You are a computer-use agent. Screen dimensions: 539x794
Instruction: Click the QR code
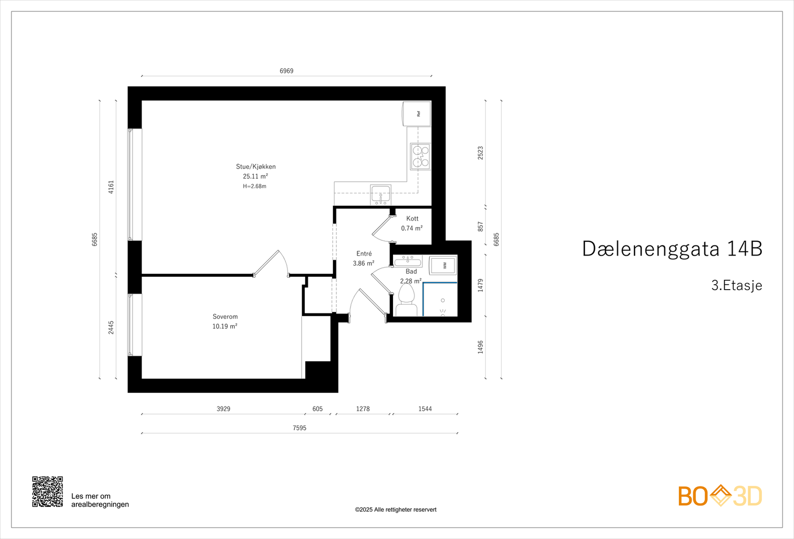[x=48, y=492]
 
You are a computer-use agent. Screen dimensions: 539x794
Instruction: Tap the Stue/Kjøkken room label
[x=256, y=167]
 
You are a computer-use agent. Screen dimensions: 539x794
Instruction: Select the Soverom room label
[x=225, y=316]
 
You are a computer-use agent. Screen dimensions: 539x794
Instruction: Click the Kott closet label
[x=412, y=219]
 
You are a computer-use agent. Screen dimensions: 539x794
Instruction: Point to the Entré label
[x=364, y=254]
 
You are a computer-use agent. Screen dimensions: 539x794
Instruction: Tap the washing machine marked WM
[x=443, y=265]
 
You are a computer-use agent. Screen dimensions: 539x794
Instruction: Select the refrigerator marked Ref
[x=417, y=114]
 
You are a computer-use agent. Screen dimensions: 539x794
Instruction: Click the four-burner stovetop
[x=420, y=156]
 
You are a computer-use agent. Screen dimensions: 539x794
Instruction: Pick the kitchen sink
[x=381, y=194]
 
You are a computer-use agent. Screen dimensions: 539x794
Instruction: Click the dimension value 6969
[x=286, y=71]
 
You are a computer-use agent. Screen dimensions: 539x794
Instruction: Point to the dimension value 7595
[x=299, y=428]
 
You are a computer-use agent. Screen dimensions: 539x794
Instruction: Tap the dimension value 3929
[x=223, y=409]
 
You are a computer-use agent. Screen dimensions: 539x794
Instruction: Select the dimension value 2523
[x=480, y=153]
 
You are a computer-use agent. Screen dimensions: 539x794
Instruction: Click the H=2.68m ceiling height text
[x=255, y=186]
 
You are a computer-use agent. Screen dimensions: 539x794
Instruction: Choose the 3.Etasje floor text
[x=736, y=285]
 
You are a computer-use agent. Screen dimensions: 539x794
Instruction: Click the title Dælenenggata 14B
[x=672, y=249]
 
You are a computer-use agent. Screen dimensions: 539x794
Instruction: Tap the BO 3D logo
[x=720, y=496]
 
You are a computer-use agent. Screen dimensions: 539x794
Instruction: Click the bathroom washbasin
[x=407, y=261]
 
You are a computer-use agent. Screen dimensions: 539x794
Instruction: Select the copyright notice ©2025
[x=396, y=510]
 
